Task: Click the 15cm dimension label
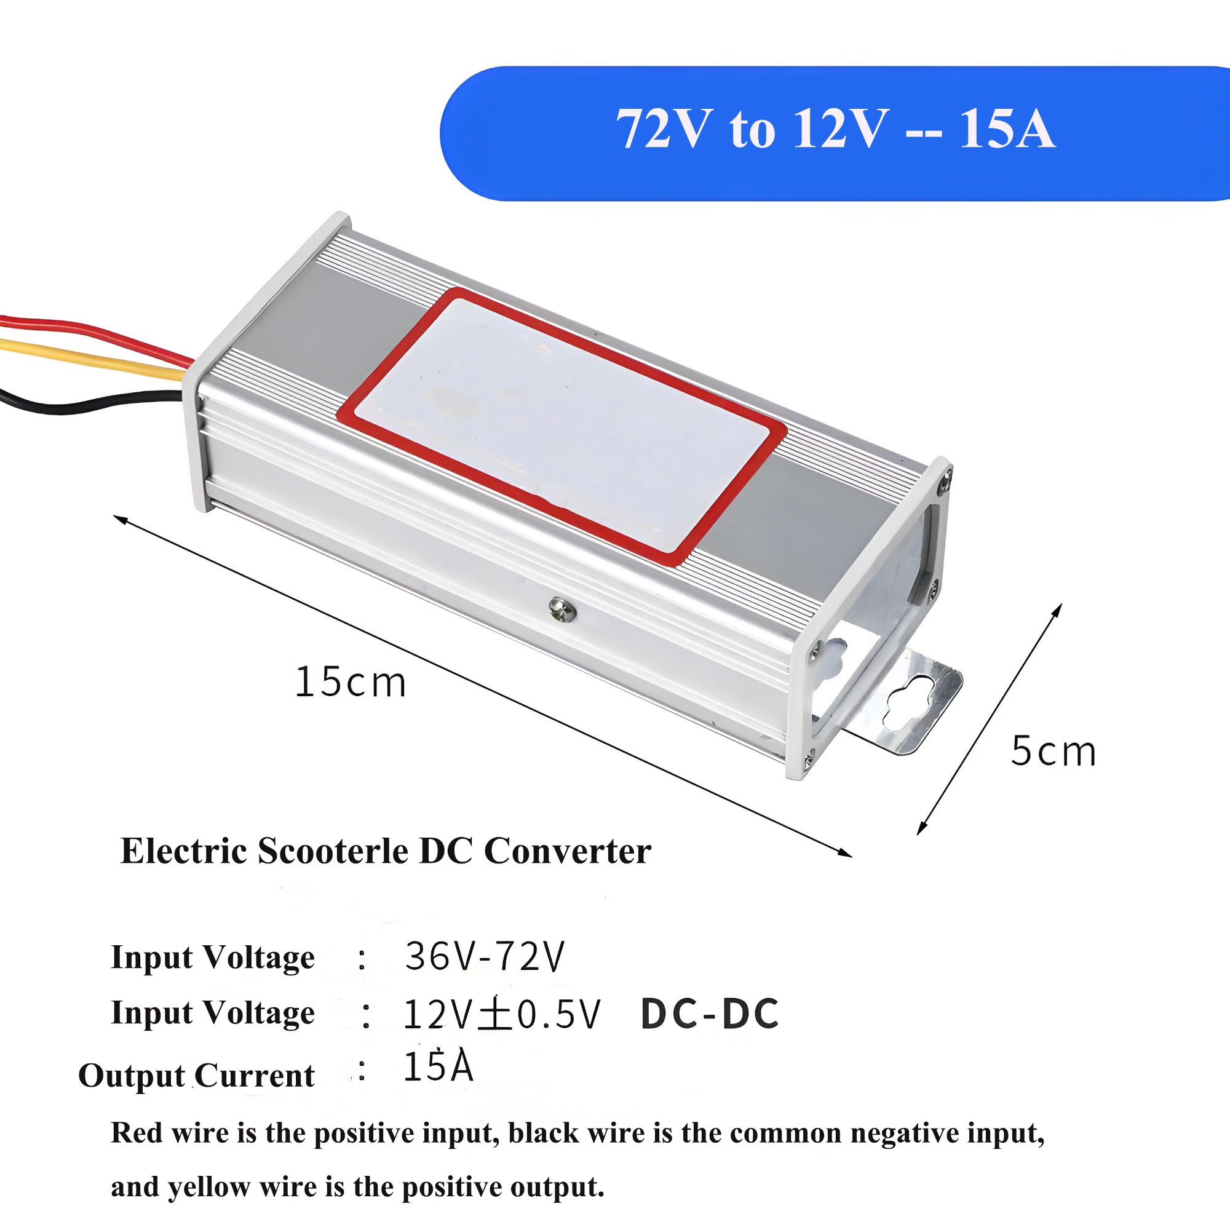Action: [350, 683]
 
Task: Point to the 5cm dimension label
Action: [1053, 752]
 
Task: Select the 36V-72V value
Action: [485, 957]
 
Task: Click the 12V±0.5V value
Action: [502, 1014]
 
